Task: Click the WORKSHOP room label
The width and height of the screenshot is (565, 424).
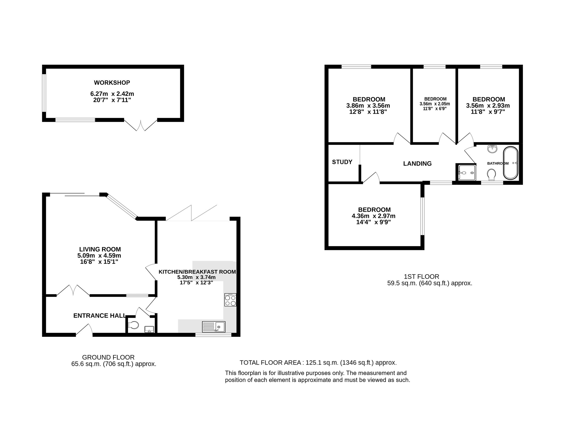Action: point(112,82)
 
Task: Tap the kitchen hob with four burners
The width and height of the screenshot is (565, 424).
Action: point(230,300)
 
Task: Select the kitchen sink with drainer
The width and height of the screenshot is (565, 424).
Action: point(214,327)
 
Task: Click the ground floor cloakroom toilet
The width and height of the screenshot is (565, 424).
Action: point(133,325)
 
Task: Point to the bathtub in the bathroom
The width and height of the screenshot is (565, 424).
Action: point(510,163)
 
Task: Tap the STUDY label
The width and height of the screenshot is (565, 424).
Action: point(342,162)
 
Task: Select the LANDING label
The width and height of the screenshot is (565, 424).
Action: point(417,163)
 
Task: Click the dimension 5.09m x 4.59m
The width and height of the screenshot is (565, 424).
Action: point(99,255)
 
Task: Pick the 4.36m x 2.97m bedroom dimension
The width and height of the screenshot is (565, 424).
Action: point(374,216)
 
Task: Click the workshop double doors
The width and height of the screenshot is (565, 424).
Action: point(140,125)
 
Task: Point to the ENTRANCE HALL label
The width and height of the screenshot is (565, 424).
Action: point(99,316)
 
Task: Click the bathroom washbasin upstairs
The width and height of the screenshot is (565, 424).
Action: point(492,149)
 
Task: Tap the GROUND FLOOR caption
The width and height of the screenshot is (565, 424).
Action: point(108,357)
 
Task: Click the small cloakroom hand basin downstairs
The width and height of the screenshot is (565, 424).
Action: point(149,329)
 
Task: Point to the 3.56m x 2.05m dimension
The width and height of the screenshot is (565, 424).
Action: point(435,104)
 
